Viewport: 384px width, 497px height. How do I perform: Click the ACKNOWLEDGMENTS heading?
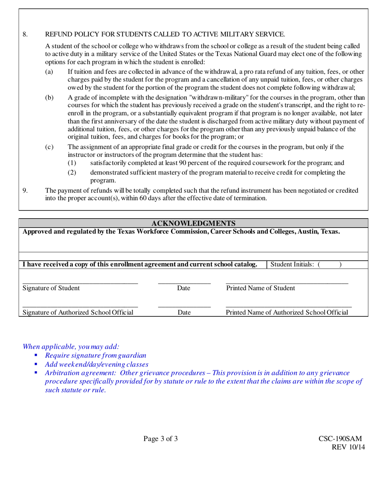pos(193,223)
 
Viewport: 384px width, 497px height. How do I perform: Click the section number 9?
pos(25,190)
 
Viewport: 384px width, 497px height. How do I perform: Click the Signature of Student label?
pos(51,288)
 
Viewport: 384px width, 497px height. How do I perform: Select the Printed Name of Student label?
pos(260,288)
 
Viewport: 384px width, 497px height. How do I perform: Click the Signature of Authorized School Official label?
pos(78,312)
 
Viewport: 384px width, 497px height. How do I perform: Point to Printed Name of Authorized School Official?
pos(287,312)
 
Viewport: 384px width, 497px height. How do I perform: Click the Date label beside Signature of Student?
pos(184,288)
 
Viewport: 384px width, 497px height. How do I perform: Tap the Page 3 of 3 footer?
pos(160,439)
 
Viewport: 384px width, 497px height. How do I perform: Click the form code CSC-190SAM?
pos(340,439)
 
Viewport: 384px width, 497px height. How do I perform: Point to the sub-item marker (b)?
pos(49,98)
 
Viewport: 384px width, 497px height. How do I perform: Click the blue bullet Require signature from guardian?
pos(95,356)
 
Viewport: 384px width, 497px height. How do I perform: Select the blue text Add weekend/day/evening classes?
pos(97,364)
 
